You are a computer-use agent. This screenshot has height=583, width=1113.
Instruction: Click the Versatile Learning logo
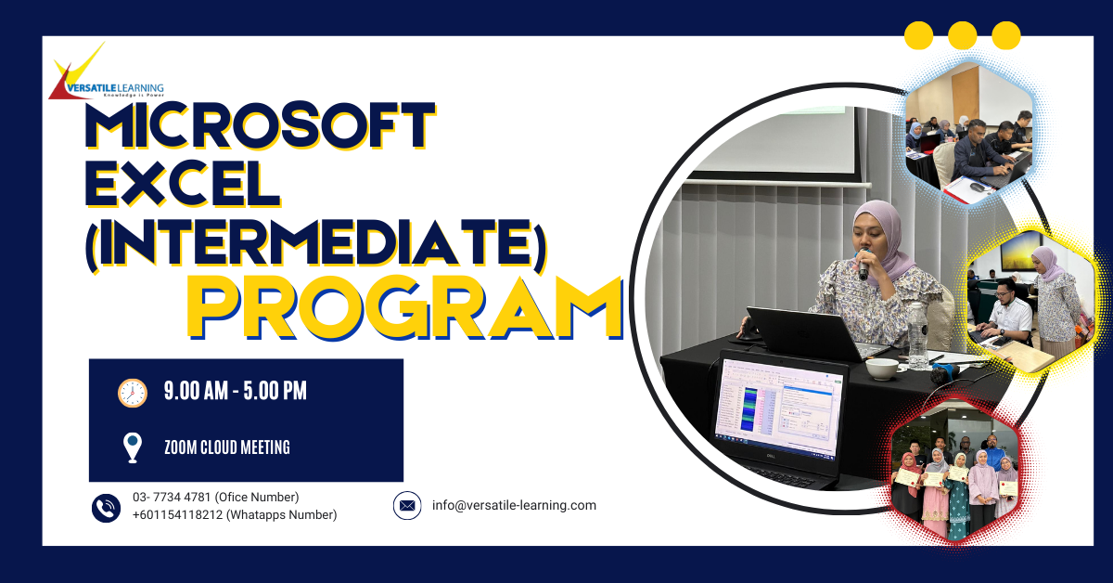pyautogui.click(x=107, y=72)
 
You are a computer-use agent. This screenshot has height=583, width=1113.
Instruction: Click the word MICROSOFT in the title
pyautogui.click(x=261, y=125)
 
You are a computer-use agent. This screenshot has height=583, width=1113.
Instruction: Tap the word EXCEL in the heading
pyautogui.click(x=183, y=184)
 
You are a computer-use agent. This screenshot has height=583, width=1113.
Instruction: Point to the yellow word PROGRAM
pyautogui.click(x=405, y=308)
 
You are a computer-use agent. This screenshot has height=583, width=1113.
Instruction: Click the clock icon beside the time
pyautogui.click(x=132, y=393)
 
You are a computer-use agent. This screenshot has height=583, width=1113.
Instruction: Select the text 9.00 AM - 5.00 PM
pyautogui.click(x=235, y=391)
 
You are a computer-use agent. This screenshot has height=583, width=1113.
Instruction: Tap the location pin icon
pyautogui.click(x=132, y=447)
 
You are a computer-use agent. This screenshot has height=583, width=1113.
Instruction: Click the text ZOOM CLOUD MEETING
pyautogui.click(x=227, y=447)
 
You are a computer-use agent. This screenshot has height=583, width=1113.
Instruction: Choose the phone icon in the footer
pyautogui.click(x=106, y=508)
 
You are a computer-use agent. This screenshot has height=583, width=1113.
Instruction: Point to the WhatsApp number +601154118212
pyautogui.click(x=177, y=514)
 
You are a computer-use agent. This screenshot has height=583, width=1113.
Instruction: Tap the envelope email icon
pyautogui.click(x=407, y=505)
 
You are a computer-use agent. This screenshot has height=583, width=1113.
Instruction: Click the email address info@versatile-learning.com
pyautogui.click(x=514, y=505)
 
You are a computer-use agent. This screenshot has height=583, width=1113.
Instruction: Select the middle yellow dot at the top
pyautogui.click(x=963, y=35)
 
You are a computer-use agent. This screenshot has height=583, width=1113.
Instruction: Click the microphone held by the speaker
pyautogui.click(x=864, y=266)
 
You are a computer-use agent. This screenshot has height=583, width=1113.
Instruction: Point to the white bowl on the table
pyautogui.click(x=881, y=369)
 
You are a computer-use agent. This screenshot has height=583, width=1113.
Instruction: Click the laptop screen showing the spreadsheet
pyautogui.click(x=778, y=407)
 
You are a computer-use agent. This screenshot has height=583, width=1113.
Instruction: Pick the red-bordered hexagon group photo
pyautogui.click(x=954, y=472)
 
